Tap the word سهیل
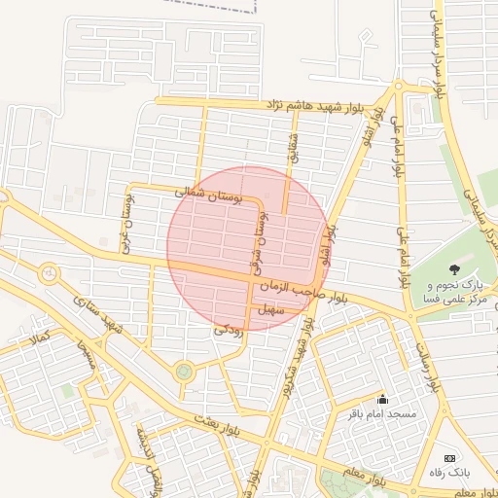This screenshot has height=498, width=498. pos(269,310)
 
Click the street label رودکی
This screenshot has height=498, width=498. pos(229,331)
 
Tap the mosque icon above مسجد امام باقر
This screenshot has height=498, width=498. pos(382,399)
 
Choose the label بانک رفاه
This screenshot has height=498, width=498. pos(448,473)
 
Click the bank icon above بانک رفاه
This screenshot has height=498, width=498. pos(448,458)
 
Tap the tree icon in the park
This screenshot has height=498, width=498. pos(452,268)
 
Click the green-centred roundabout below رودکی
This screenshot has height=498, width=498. pos(184,371)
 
